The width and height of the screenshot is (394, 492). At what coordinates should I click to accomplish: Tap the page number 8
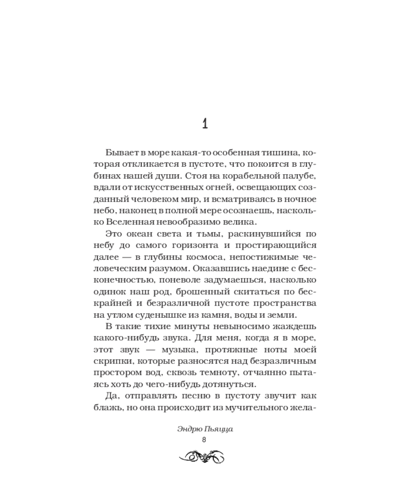click(x=204, y=439)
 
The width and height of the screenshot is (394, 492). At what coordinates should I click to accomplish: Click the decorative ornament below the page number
click(x=204, y=456)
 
